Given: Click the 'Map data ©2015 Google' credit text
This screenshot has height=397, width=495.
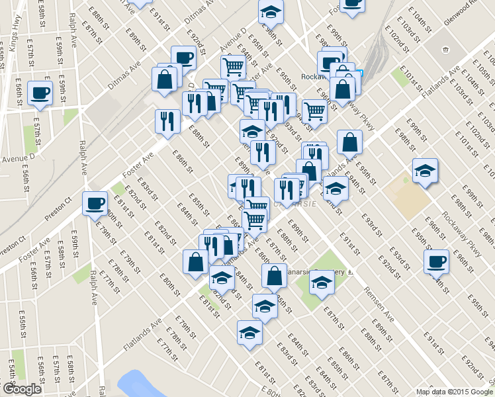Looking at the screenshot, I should (454, 392).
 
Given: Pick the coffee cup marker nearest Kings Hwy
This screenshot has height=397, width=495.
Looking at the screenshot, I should (40, 92).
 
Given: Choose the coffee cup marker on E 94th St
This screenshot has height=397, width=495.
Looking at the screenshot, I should (436, 261).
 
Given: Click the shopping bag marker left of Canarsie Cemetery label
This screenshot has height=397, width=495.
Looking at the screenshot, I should (274, 275).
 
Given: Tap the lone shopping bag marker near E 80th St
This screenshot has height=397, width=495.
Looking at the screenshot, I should (195, 261).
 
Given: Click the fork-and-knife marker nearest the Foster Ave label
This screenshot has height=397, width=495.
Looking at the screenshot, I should (167, 120).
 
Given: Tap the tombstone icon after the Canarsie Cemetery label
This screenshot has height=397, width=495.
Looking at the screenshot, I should (351, 271).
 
